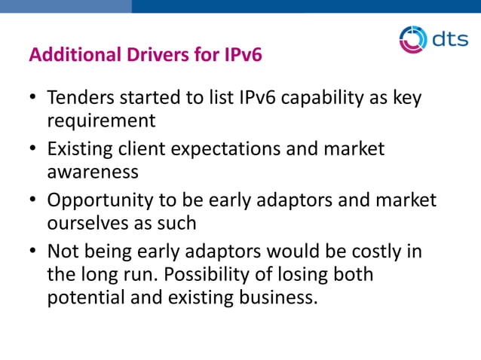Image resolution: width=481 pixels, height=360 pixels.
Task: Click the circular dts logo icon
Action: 412,39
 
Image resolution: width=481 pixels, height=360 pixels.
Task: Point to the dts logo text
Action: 450,39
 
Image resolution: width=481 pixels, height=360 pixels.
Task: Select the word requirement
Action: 101,121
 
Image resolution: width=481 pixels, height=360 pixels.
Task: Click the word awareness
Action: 93,171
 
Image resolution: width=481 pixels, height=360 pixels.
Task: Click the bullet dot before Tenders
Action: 33,99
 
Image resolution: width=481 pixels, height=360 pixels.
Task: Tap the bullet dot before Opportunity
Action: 33,201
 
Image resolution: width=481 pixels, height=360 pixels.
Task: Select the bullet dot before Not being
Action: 33,252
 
